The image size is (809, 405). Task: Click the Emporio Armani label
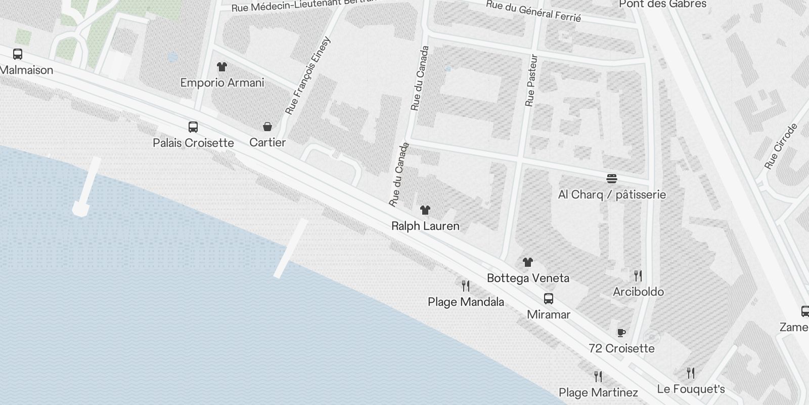(x=222, y=83)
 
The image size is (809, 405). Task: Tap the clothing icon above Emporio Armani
(x=221, y=67)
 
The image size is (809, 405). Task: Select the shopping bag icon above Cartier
(x=267, y=127)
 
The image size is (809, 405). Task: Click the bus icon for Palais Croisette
(x=193, y=127)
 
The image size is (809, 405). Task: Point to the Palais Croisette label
(x=193, y=143)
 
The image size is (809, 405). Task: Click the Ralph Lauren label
(x=425, y=226)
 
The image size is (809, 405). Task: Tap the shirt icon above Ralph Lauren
(x=425, y=210)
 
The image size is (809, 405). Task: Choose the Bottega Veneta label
(x=528, y=278)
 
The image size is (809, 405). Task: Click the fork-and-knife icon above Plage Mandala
(x=466, y=286)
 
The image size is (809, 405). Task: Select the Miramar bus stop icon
(x=549, y=299)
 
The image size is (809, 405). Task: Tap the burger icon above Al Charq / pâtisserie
(x=612, y=179)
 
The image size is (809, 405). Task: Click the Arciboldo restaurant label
(x=638, y=292)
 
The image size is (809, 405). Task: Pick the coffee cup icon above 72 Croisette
(x=621, y=333)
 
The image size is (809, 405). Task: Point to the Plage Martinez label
(x=598, y=392)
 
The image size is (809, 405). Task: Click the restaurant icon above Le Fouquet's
(x=691, y=374)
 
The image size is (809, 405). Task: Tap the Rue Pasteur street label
(x=530, y=80)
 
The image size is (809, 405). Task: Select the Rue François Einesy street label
(x=307, y=75)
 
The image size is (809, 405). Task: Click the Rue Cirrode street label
(x=781, y=146)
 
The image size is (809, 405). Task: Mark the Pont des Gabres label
(x=662, y=4)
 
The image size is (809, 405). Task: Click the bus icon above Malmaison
(x=18, y=54)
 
